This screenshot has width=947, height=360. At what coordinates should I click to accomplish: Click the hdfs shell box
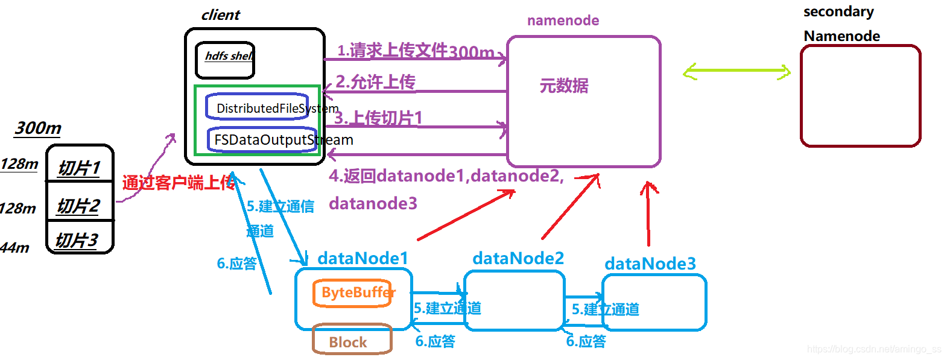pos(225,60)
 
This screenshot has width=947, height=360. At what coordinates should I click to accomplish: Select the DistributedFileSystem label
pos(277,109)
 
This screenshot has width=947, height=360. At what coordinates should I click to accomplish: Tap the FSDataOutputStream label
pos(283,140)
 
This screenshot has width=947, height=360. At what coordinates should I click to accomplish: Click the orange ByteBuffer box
pos(353,293)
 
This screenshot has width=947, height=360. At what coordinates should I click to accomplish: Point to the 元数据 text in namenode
pos(564,86)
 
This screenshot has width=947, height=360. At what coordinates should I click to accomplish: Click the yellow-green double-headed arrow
pos(736,72)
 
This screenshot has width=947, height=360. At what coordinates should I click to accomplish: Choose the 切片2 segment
pos(78,205)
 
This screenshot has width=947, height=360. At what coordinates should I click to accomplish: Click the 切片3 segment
pos(77,240)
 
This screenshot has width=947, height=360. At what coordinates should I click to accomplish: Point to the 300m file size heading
pos(38,128)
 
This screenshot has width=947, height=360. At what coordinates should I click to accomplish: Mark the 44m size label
pos(14,247)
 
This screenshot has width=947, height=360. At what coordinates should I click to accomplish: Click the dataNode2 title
pos(518,258)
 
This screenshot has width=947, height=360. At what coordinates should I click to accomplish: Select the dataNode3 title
pos(650,264)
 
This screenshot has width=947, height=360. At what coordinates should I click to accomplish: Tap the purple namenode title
pos(563,21)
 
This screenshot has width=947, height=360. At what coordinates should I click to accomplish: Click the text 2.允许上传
pos(375,81)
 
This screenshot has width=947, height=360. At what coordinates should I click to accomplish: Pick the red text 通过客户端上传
pos(179,182)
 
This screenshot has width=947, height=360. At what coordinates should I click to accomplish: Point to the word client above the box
pos(220,15)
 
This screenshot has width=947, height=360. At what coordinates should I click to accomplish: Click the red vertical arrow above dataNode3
pos(648,214)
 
